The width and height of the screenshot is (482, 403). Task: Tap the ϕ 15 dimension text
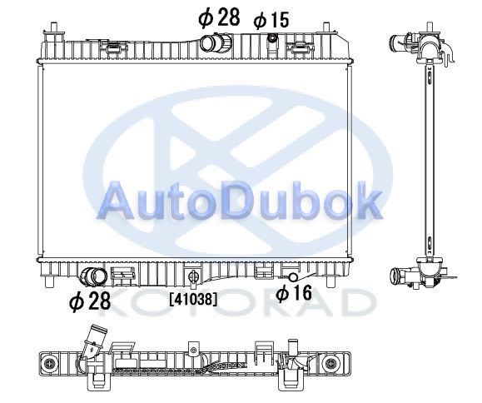point(271,20)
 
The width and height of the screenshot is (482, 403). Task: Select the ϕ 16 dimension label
point(294,292)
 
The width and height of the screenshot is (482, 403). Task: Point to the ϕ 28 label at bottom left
point(90,301)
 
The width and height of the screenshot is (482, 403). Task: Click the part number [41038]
point(193,299)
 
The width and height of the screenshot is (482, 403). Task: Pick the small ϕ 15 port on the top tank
point(272,38)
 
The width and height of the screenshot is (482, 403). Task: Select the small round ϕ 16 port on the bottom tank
point(293,277)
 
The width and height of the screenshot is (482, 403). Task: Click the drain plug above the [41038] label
point(193,276)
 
